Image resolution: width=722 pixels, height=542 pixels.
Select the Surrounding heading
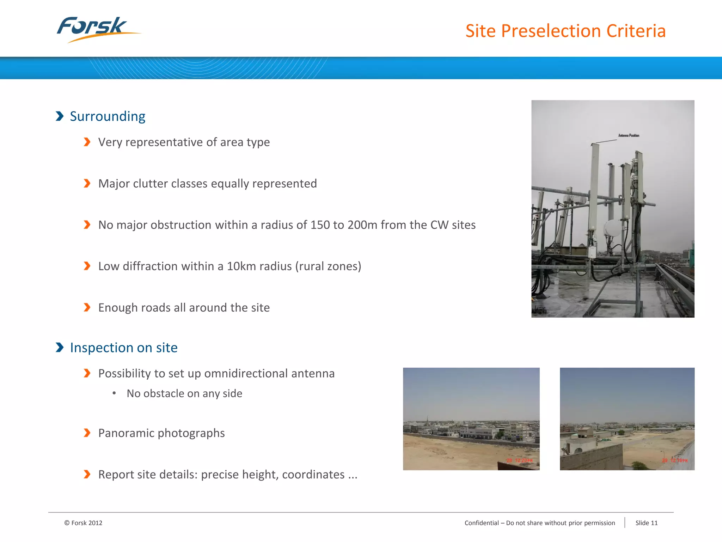click(108, 116)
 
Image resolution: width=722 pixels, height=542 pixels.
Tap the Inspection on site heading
click(123, 348)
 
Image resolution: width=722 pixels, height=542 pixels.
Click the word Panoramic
click(127, 433)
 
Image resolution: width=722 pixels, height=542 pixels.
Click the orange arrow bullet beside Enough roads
click(87, 308)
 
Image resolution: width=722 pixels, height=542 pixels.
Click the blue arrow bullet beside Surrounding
click(60, 116)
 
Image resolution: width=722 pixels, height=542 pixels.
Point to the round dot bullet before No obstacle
click(114, 393)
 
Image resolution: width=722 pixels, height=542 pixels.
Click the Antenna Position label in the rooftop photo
click(629, 135)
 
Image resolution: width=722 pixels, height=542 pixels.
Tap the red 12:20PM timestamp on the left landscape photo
click(520, 460)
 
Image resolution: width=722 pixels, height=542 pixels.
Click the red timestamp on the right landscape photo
click(675, 460)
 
